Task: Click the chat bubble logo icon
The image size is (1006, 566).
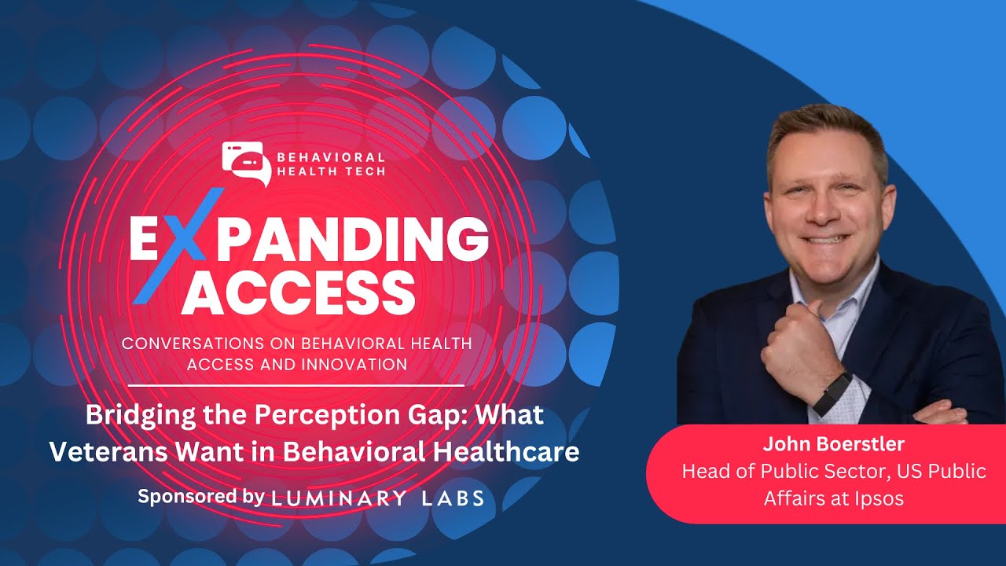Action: click(x=245, y=162)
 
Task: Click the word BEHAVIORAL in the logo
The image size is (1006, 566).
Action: click(x=330, y=157)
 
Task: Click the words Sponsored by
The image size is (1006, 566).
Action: click(x=200, y=497)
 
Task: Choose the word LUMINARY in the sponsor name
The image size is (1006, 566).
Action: click(x=339, y=498)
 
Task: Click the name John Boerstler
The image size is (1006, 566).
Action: click(x=833, y=445)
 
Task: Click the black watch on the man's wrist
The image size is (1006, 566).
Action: click(x=832, y=394)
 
